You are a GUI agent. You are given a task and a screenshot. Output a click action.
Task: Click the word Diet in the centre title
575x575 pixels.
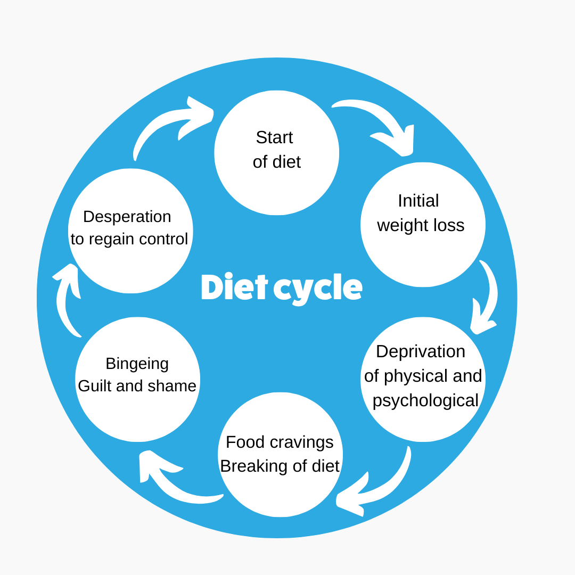point(234,288)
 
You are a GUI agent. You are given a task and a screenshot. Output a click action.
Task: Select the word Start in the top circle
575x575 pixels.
point(274,137)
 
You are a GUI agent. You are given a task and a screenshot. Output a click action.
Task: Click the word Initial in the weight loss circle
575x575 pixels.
point(418,201)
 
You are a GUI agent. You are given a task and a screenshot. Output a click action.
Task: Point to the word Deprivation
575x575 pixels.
point(421,351)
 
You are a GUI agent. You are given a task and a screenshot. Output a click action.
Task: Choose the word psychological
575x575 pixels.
point(425,400)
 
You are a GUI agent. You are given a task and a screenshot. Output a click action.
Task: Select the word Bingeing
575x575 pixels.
point(137,364)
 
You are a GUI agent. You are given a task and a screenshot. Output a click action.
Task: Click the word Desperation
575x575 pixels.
point(127,217)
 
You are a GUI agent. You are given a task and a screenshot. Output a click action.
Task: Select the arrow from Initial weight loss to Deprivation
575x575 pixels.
point(486,298)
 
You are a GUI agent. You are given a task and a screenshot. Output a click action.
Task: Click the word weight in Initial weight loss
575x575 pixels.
point(404,225)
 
